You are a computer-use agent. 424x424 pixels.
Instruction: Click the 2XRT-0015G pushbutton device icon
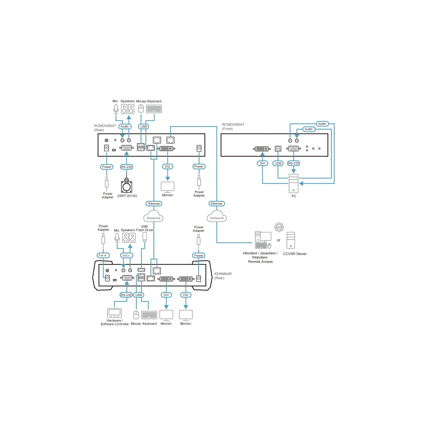(126, 186)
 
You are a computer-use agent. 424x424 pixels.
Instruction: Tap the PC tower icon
(293, 183)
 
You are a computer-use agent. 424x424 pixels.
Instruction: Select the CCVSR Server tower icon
(291, 240)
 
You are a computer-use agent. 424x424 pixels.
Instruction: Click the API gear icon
(279, 227)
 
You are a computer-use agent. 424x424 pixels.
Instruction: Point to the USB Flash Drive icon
(145, 237)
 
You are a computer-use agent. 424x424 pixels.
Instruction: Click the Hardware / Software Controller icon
(114, 313)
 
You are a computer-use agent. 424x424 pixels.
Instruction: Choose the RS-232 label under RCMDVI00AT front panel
(293, 163)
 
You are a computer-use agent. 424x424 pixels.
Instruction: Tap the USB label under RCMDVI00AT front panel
(278, 163)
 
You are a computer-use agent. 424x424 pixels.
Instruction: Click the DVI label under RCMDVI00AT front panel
(262, 163)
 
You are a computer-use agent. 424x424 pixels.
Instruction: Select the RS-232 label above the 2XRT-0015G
(126, 167)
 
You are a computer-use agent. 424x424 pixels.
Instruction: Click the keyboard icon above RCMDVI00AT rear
(154, 109)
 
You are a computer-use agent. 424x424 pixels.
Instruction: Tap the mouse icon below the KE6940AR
(136, 315)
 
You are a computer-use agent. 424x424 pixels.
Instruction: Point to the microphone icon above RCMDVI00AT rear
(116, 109)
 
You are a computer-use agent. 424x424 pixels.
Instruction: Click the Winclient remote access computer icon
(263, 240)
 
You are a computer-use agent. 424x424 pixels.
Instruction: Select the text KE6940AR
(223, 274)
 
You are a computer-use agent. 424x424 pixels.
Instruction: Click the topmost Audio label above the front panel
(322, 124)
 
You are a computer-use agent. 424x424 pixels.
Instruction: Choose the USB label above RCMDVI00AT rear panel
(143, 127)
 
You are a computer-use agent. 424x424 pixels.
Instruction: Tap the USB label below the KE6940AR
(139, 295)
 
